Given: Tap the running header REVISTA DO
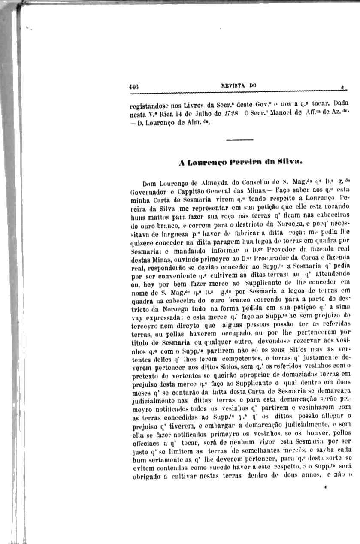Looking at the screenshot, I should (x=239, y=85).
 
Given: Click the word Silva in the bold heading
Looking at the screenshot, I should (x=268, y=163).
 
